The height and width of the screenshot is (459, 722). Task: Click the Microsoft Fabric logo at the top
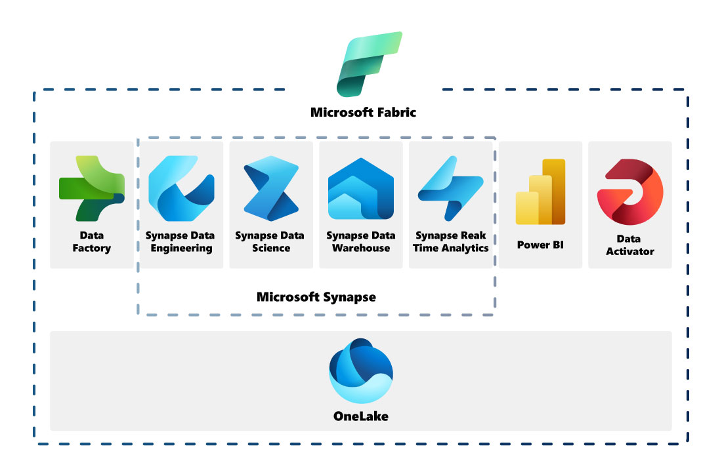(369, 64)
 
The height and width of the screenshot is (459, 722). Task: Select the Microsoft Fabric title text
(363, 112)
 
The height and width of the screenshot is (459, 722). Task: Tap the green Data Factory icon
(92, 188)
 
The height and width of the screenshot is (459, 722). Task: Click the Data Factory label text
(92, 242)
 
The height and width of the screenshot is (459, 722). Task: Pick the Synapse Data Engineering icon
(181, 188)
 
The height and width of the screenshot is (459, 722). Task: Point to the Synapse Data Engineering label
(180, 242)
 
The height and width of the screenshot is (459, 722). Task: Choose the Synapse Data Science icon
(271, 188)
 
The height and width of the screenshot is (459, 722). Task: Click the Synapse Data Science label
(270, 242)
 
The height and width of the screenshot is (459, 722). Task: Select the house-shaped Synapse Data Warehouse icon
(361, 188)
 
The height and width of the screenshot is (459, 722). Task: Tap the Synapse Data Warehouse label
(361, 242)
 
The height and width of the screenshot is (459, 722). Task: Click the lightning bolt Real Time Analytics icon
(450, 188)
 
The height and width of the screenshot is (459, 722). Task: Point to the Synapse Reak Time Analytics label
(452, 242)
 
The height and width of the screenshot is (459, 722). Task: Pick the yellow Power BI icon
(540, 192)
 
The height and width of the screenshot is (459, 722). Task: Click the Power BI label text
(540, 245)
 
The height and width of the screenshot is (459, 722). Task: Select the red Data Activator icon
(630, 192)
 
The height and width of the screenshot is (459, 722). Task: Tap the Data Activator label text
(630, 245)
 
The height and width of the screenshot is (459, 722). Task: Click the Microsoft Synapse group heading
(316, 297)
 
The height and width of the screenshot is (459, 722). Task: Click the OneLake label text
(361, 416)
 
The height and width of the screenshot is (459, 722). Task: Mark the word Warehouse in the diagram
(361, 249)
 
